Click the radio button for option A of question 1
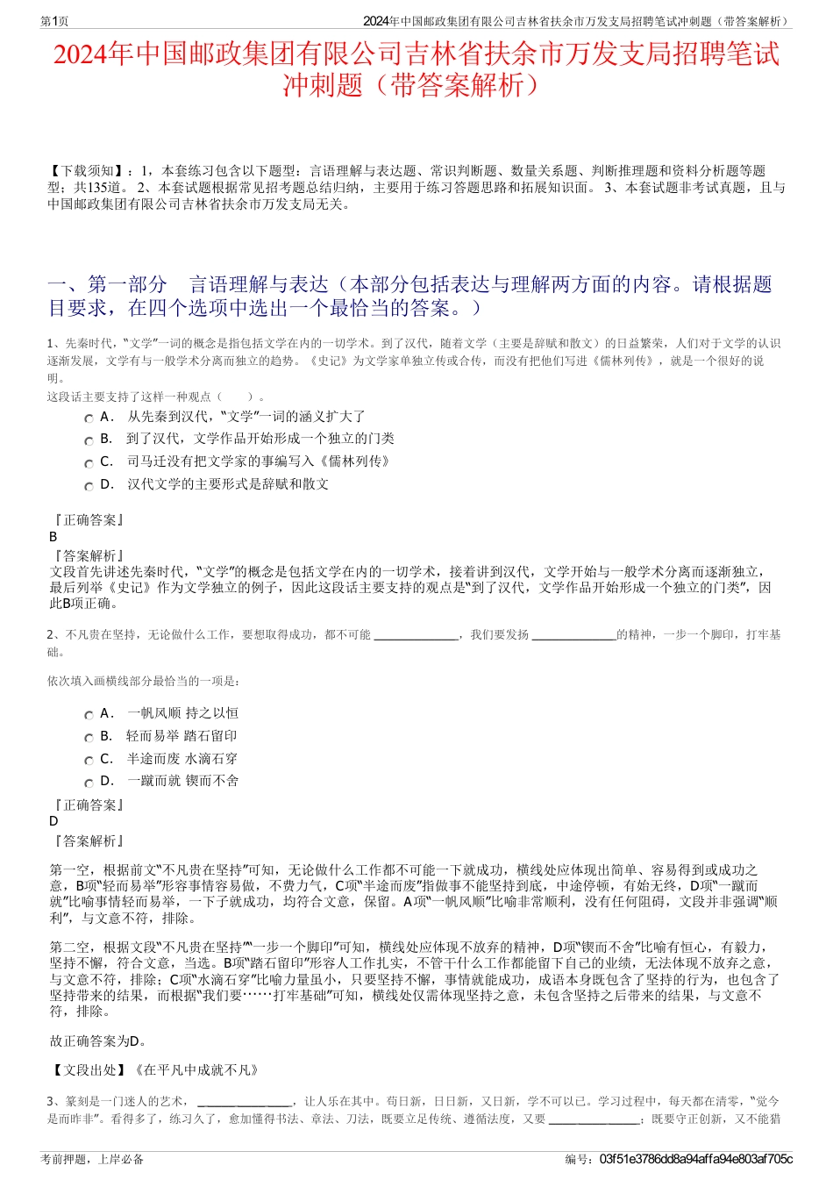pos(89,419)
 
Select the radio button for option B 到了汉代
pos(89,441)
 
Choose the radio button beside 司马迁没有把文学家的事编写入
pos(89,464)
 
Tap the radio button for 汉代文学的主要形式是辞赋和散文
pos(89,487)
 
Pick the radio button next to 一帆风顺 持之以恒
pos(89,716)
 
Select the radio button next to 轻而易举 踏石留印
pos(89,739)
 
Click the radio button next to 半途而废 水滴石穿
pos(89,762)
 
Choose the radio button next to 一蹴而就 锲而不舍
pos(89,783)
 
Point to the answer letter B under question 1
pos(53,537)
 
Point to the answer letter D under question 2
pos(53,821)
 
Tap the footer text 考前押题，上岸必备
pos(92,1159)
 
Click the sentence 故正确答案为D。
pos(99,1041)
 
